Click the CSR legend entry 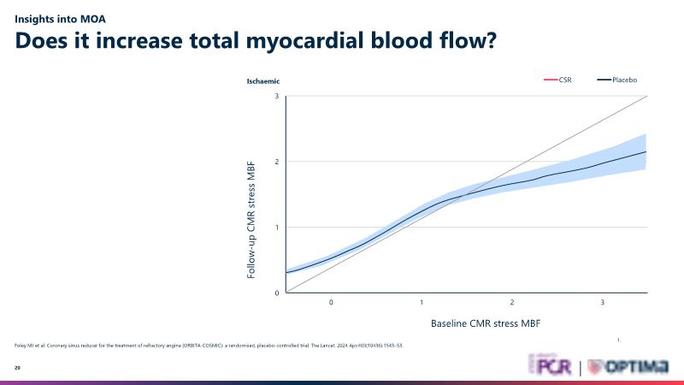pyautogui.click(x=558, y=80)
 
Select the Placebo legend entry pyautogui.click(x=617, y=80)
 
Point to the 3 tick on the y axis pyautogui.click(x=277, y=96)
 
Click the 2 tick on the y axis pyautogui.click(x=277, y=162)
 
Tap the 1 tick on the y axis pyautogui.click(x=277, y=228)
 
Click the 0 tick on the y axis pyautogui.click(x=277, y=293)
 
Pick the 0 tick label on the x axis pyautogui.click(x=331, y=303)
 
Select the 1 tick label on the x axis pyautogui.click(x=422, y=303)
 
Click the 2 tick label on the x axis pyautogui.click(x=512, y=303)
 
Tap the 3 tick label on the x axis pyautogui.click(x=603, y=303)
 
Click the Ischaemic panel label pyautogui.click(x=264, y=81)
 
